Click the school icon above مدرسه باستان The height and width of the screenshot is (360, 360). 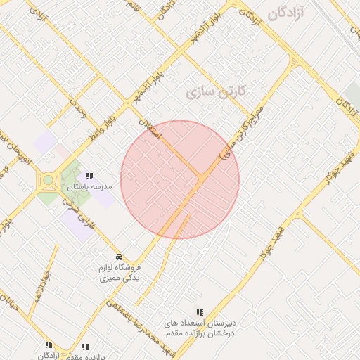tap(89, 176)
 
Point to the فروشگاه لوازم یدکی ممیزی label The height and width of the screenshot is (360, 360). tap(118, 273)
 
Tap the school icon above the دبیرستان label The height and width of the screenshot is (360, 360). tap(200, 312)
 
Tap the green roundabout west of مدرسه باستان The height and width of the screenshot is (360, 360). tap(48, 181)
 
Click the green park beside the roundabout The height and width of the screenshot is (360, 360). tap(70, 181)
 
